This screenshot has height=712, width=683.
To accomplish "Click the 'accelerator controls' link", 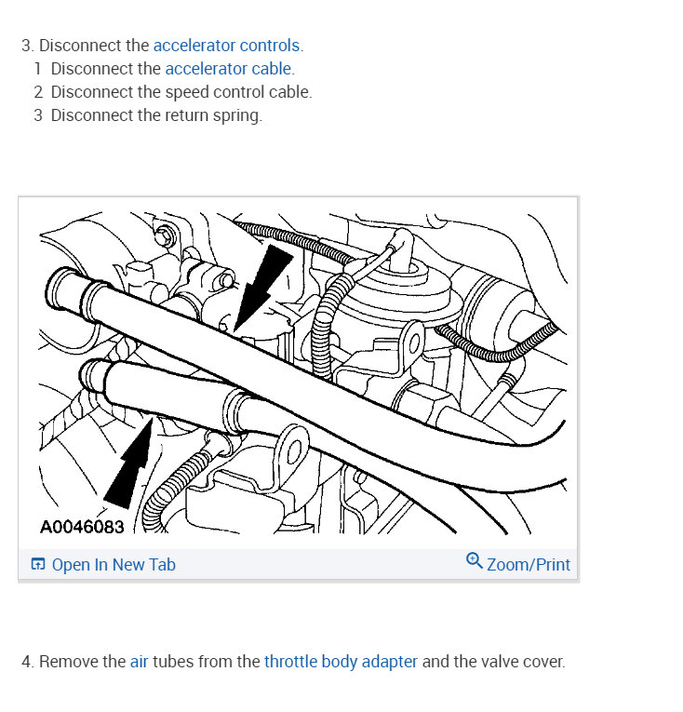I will coord(227,45).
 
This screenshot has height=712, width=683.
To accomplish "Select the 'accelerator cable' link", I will coord(229,69).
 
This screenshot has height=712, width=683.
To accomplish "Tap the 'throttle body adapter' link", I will coord(341,662).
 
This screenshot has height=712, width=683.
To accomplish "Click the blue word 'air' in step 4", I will coord(140,662).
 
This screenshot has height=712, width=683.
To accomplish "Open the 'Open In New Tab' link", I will coord(113,565).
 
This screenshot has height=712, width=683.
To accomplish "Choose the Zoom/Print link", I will coord(528,565).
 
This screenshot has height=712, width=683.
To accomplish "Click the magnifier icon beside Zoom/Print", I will coord(474,561).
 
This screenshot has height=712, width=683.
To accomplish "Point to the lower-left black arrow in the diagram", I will coord(130,465).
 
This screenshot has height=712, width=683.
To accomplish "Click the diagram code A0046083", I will coord(82,527).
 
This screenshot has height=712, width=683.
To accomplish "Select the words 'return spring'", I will coord(217,115).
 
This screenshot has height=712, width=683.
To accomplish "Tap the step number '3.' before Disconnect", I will coord(28,45).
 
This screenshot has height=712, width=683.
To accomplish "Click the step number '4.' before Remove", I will coord(28,662).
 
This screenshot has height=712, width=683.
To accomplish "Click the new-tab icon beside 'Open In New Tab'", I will coord(38,565).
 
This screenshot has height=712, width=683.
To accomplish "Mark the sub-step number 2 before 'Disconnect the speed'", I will coord(38,92).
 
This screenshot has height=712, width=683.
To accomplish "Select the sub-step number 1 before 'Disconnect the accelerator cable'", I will coord(38,69).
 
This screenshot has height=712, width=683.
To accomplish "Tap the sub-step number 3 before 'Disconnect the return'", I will coord(38,115).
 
